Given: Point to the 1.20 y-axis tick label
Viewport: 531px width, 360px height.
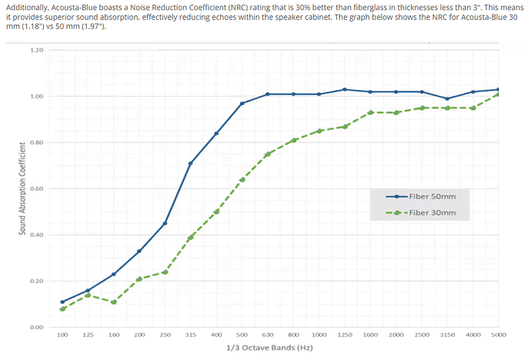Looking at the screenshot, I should (36, 50).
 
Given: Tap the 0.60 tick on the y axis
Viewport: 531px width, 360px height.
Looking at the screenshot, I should (36, 188).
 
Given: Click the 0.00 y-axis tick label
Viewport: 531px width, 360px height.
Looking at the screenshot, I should (36, 327).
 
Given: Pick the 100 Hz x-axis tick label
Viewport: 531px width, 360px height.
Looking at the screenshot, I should (62, 335).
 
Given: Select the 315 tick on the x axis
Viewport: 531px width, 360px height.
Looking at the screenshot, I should (190, 335).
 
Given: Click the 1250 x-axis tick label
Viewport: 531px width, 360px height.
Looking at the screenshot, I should (345, 335).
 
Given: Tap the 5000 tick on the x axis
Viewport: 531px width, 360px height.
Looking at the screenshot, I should (499, 335).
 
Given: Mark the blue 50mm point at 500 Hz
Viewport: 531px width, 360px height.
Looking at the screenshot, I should (242, 103).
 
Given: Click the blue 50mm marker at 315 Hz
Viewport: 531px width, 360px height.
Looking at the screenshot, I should (190, 163).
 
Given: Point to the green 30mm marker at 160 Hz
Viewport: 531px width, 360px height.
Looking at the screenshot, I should (114, 302).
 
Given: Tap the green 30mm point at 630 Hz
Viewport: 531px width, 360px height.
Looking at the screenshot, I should (267, 154).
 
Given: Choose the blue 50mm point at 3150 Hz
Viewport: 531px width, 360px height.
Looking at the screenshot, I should (447, 98).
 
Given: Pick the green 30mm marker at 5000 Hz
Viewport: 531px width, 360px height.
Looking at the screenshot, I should (499, 94).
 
